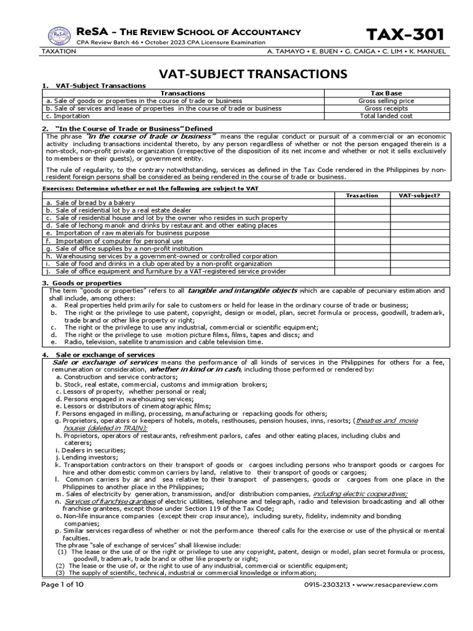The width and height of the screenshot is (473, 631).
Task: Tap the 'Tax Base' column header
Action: (x=386, y=93)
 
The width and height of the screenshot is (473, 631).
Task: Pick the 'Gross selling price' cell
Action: (x=386, y=100)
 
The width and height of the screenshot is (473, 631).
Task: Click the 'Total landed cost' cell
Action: (x=386, y=115)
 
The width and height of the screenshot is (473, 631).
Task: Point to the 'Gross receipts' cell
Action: (x=386, y=108)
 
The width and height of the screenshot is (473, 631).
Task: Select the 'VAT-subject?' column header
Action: (x=419, y=195)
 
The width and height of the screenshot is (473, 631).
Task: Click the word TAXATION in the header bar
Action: (x=59, y=52)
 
